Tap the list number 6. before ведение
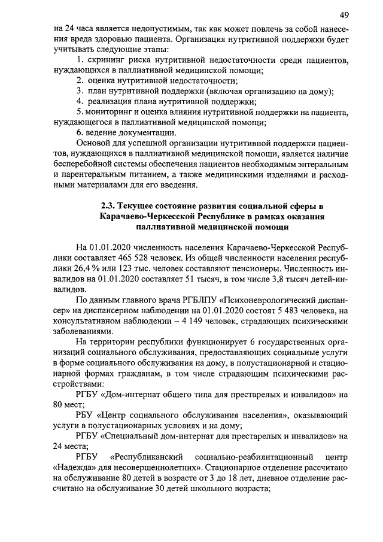81,132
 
